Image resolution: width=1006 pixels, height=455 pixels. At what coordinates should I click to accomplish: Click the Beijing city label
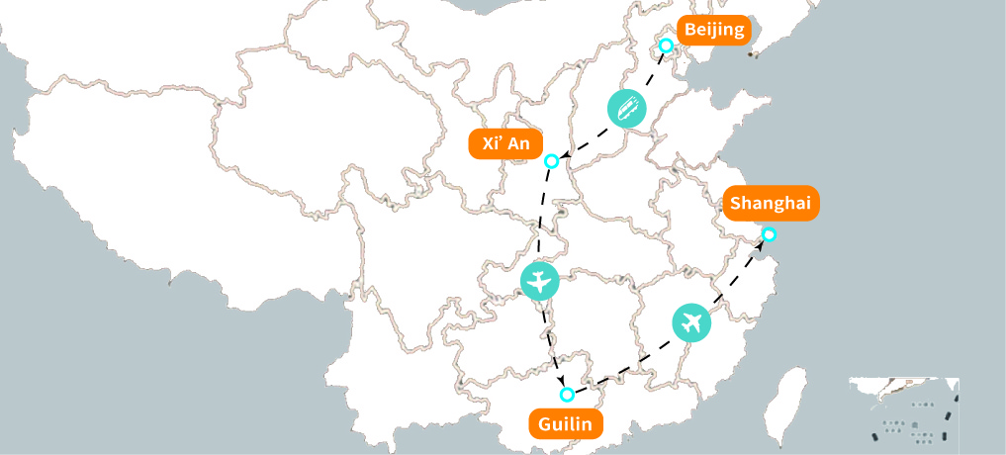pos(713,30)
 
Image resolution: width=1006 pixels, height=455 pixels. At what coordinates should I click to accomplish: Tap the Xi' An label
pos(505,144)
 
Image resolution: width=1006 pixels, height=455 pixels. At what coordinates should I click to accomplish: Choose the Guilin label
pos(565,425)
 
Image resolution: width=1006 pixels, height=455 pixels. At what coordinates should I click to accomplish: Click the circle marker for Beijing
pos(667,45)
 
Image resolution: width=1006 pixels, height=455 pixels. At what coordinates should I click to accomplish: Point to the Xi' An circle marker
pos(552,161)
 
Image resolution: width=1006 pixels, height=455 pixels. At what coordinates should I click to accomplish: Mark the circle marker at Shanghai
pos(769,234)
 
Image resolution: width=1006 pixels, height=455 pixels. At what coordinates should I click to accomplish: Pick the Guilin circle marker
pos(567,395)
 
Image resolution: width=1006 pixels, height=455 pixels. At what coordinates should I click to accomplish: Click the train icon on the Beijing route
pos(626,108)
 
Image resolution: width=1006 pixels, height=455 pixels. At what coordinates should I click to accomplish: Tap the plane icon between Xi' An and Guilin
pos(539,282)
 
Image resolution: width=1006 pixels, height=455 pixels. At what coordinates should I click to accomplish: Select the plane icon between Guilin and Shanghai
pos(691,322)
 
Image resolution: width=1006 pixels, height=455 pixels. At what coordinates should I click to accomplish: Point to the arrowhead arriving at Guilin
pos(562,384)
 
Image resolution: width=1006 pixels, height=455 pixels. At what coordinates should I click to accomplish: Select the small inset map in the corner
pos(903,409)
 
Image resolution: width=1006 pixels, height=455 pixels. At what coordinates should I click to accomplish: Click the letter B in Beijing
pos(690,30)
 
